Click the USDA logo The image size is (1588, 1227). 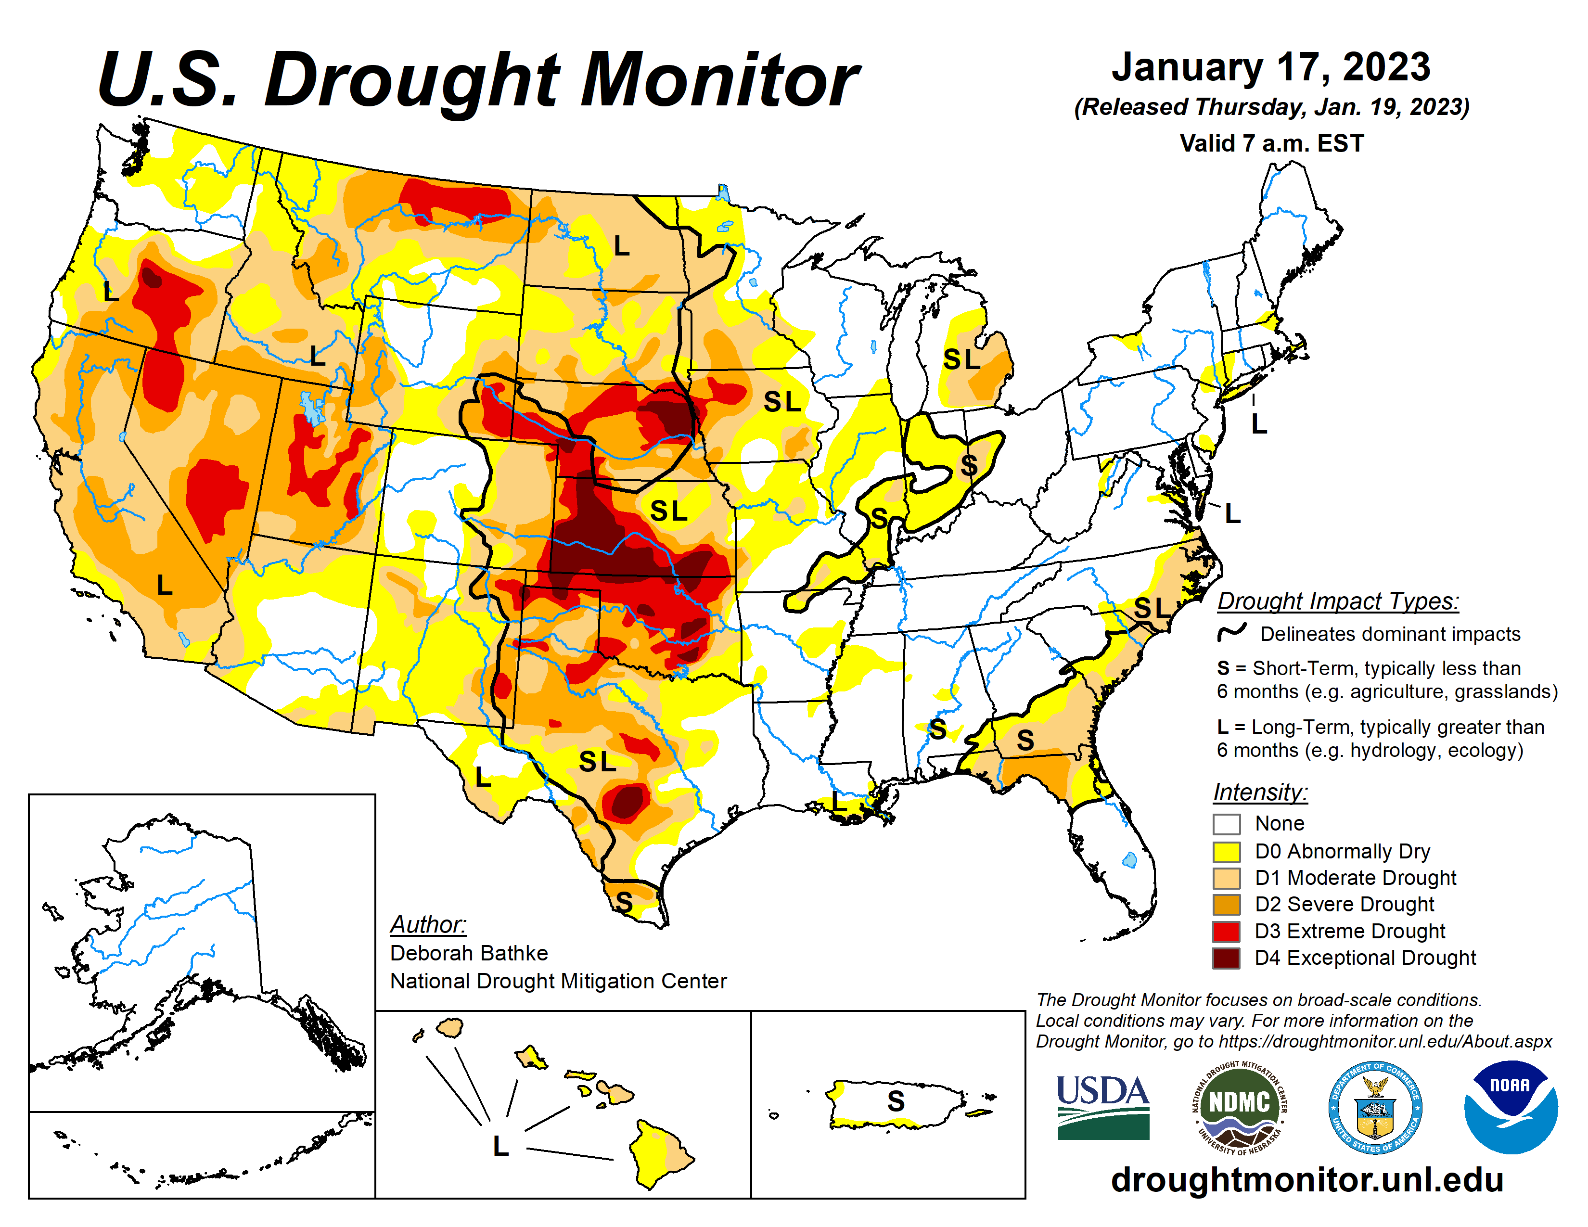coord(1102,1106)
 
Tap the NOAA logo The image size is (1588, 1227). coord(1510,1106)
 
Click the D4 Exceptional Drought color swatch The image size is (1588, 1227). coord(1226,958)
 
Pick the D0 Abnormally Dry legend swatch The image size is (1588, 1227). coord(1226,851)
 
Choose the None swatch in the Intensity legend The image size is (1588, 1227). coord(1226,824)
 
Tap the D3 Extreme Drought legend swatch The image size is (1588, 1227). coord(1226,931)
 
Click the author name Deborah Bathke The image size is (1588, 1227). coord(469,953)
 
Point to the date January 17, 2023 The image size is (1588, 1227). coord(1271,67)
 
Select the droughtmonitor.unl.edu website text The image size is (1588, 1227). coord(1306,1179)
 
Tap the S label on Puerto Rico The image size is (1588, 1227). coord(896,1101)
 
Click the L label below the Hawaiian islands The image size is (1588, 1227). coord(500,1146)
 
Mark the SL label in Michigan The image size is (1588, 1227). coord(961,359)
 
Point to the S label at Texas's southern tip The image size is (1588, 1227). coord(624,902)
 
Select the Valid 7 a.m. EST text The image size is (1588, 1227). coord(1271,143)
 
